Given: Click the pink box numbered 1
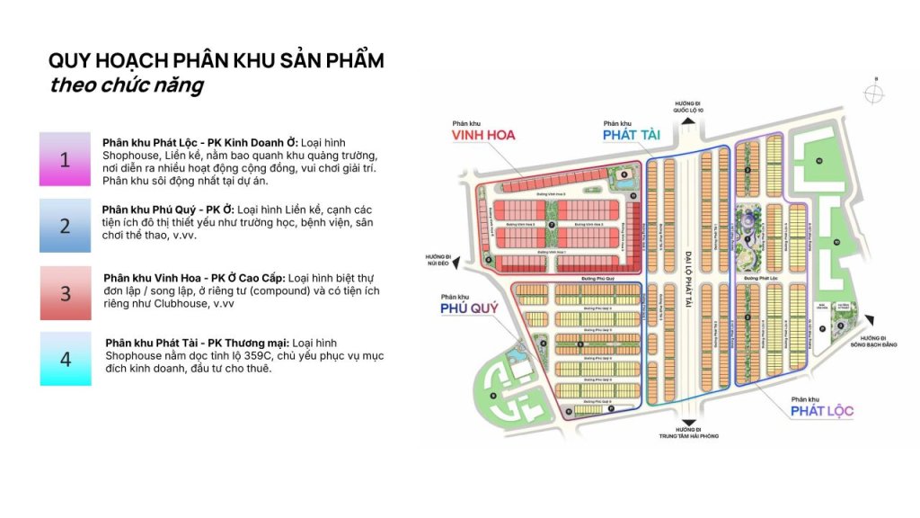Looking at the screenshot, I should pos(65,160).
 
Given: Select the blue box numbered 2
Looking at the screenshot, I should pos(65,226).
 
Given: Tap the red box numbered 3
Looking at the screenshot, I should pos(65,293).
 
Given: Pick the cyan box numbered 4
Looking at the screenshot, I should pos(65,359).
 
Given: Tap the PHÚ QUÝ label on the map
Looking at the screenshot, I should pos(469,309).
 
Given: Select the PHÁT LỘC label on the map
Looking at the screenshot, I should pos(822,411).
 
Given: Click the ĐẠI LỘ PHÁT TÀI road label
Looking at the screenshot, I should pos(685,262).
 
